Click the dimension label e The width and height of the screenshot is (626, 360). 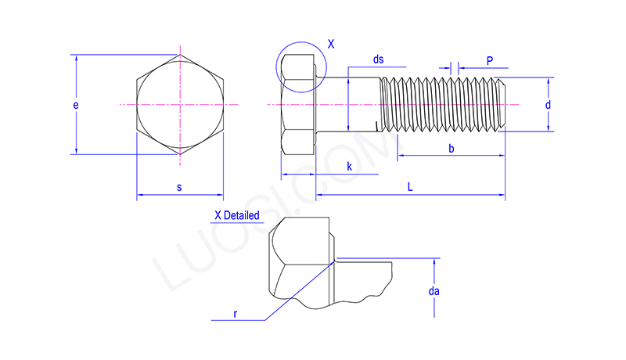pyautogui.click(x=76, y=104)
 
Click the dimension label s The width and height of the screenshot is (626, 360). pyautogui.click(x=179, y=187)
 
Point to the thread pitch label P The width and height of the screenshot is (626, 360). pyautogui.click(x=489, y=60)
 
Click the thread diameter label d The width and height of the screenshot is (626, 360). pyautogui.click(x=549, y=104)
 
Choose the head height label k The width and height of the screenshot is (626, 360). pyautogui.click(x=349, y=167)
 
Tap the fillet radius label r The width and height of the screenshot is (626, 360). pyautogui.click(x=236, y=313)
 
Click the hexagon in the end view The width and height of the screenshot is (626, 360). pyautogui.click(x=180, y=104)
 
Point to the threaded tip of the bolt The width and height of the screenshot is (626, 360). pyautogui.click(x=502, y=104)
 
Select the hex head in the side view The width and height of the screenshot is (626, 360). pyautogui.click(x=298, y=104)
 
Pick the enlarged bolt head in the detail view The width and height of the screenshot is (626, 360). pyautogui.click(x=301, y=262)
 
